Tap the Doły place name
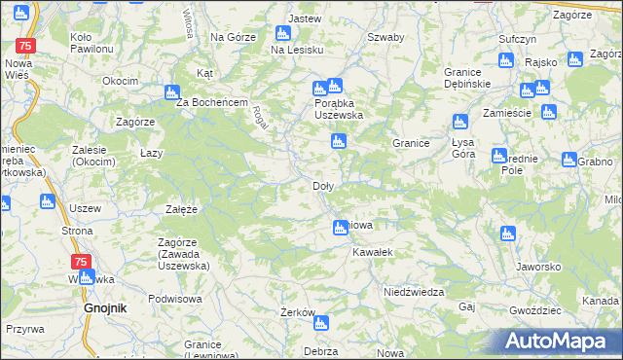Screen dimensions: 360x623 coord(323,185)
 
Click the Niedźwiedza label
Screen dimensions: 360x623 coord(414,292)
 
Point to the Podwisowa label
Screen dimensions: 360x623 coord(173,300)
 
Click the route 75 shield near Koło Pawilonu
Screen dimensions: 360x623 coord(27,47)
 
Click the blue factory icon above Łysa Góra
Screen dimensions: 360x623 coord(460,123)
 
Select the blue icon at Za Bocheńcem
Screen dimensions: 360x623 coord(172,93)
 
